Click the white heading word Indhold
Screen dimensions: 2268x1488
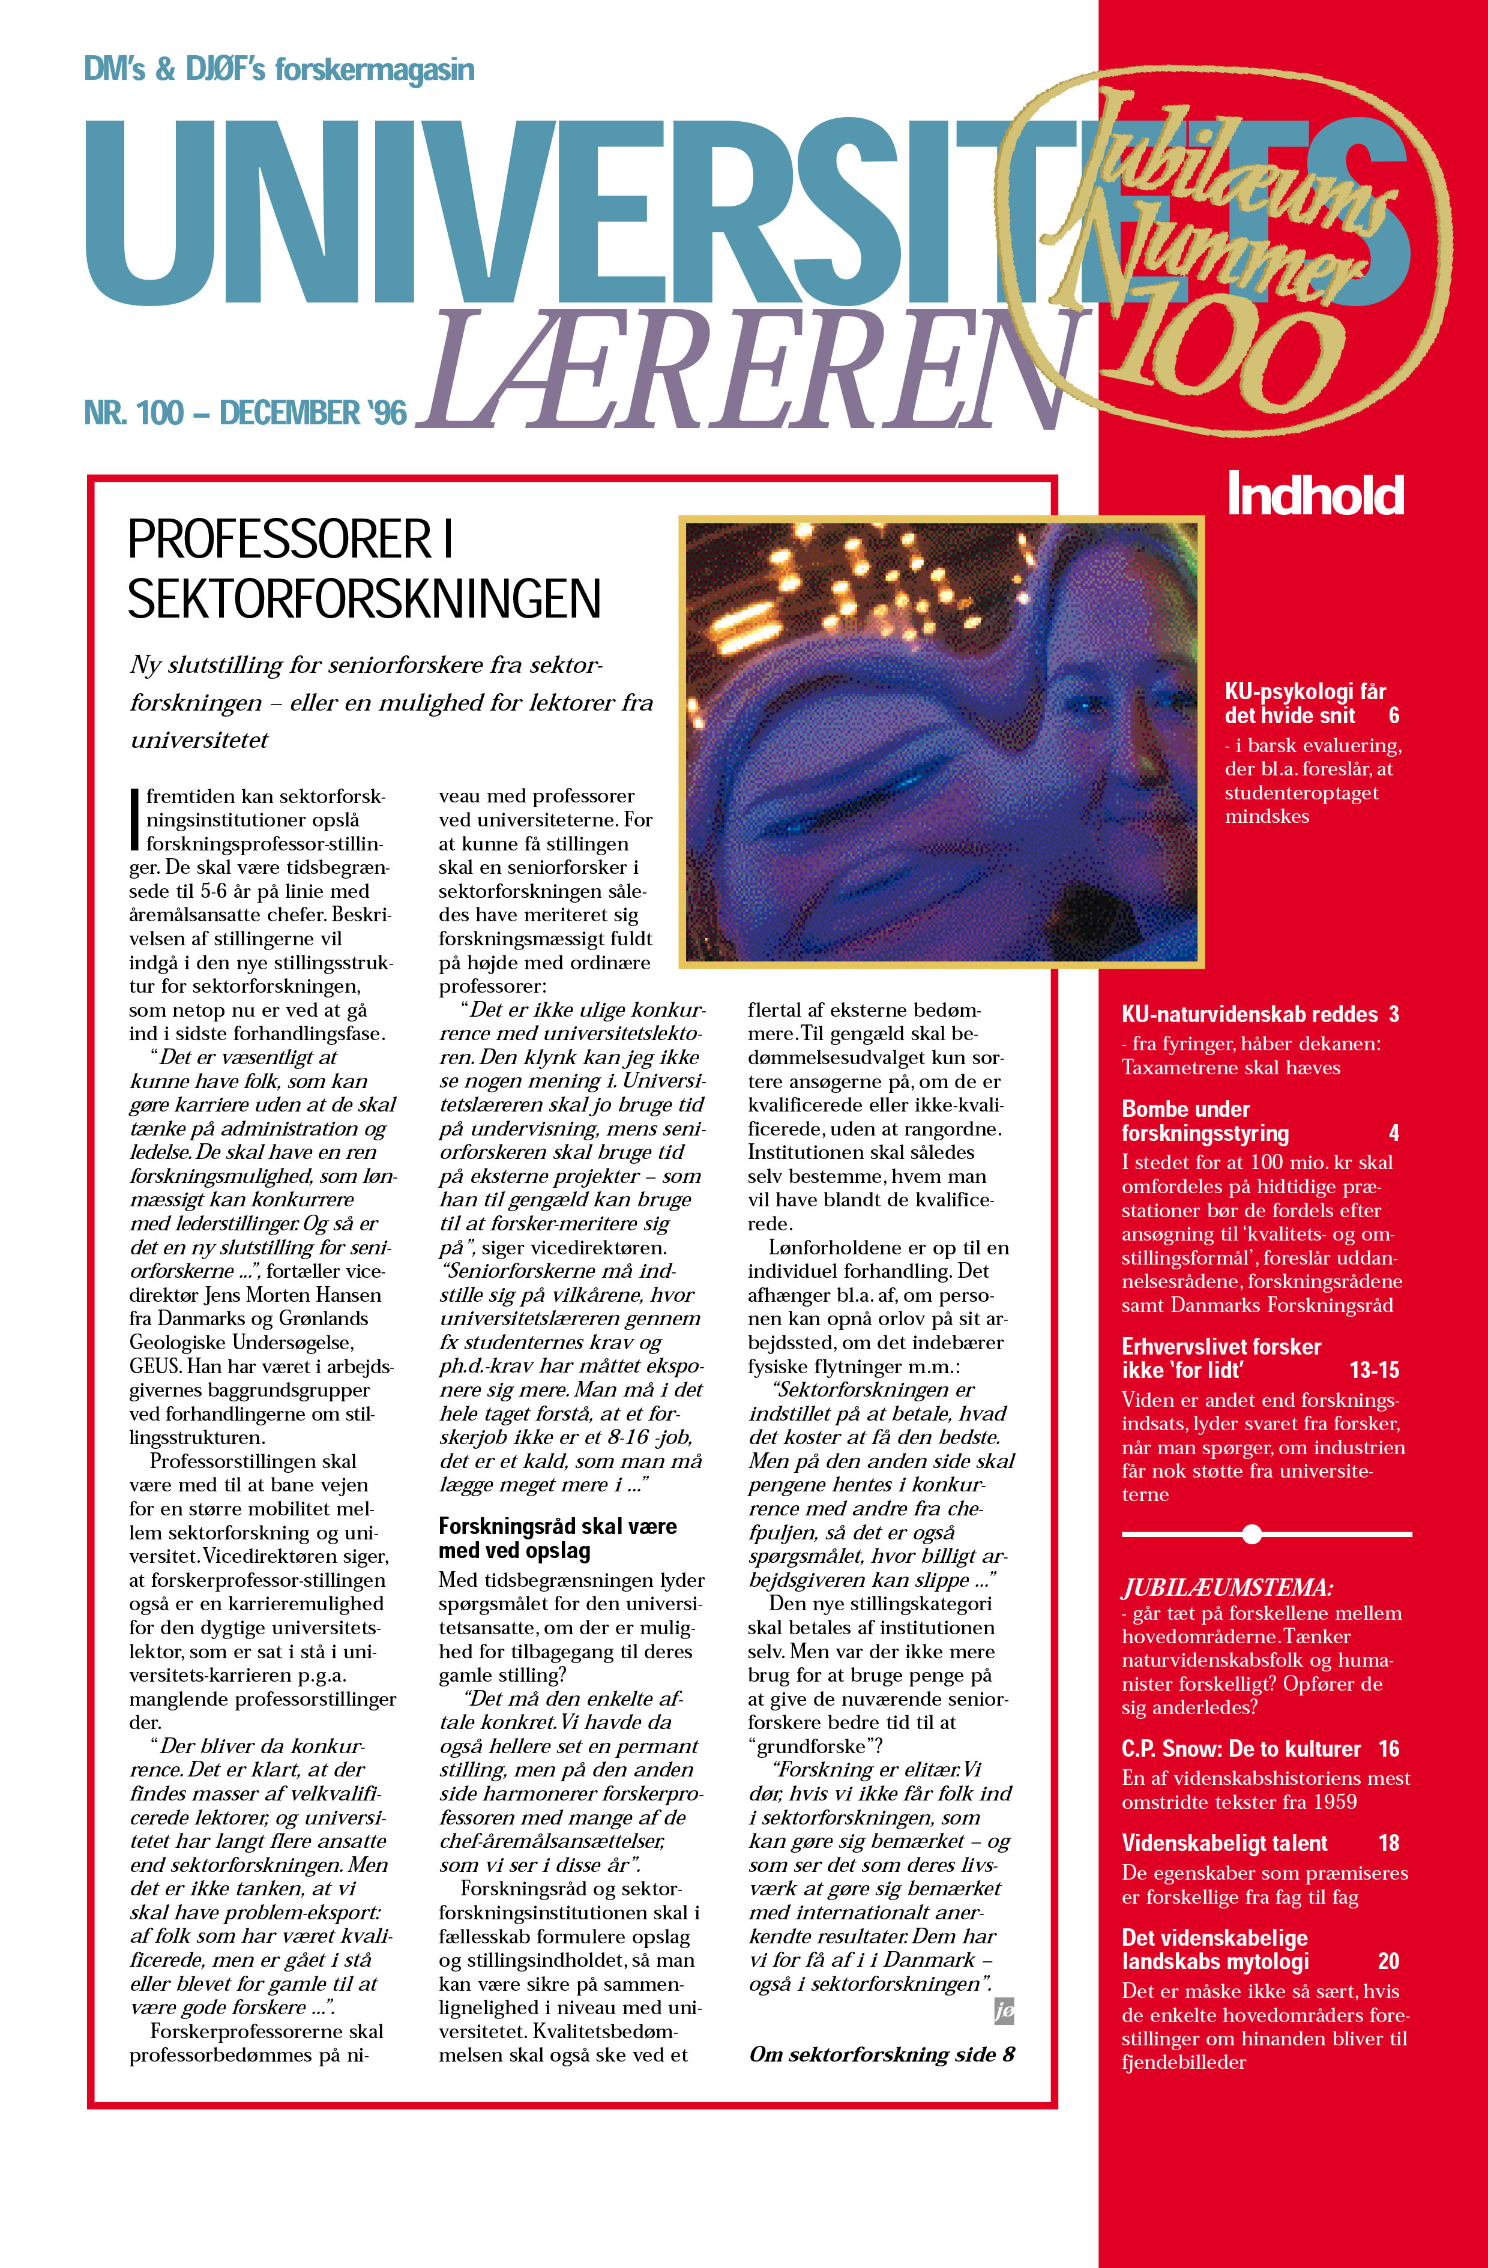point(1316,495)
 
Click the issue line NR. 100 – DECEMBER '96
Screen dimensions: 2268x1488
point(245,413)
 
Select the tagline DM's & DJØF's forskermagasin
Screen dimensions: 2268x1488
point(279,70)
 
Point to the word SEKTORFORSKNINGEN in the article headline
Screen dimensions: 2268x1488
point(364,598)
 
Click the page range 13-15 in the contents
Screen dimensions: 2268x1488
point(1373,1370)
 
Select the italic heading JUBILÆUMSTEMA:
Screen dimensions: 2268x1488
point(1227,1587)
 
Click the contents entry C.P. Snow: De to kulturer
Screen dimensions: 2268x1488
point(1240,1749)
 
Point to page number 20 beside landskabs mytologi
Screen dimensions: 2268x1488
point(1388,1961)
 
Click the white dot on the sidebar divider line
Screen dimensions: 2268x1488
point(1253,1534)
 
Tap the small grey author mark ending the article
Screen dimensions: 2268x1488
point(1004,2011)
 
